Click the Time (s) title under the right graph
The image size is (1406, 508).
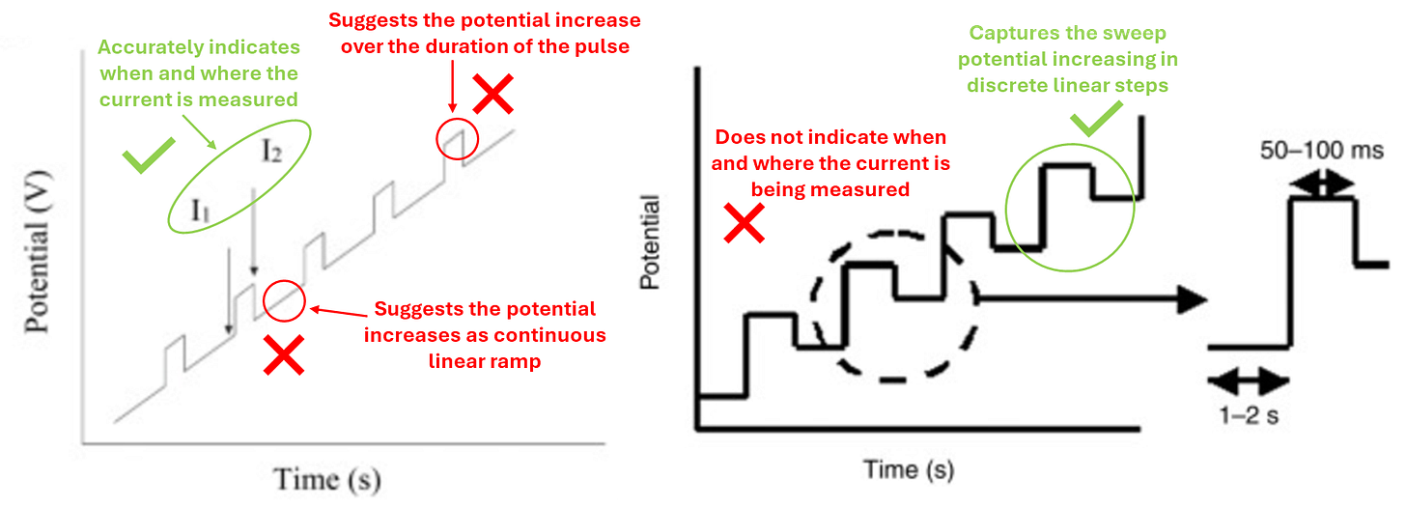[909, 470]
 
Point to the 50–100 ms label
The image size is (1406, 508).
[1322, 151]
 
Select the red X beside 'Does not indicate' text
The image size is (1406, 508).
[745, 224]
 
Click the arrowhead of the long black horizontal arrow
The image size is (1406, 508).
[1197, 299]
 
